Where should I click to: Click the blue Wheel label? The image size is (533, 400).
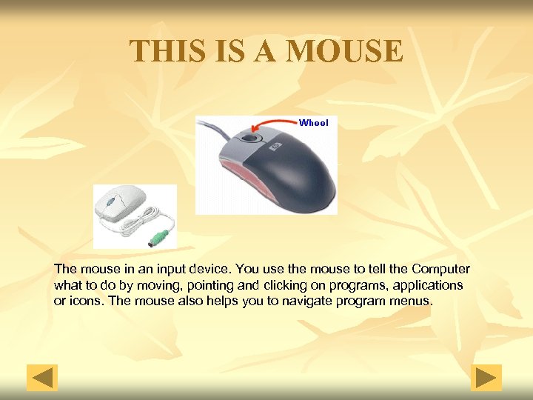(x=313, y=123)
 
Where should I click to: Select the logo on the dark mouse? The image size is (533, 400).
(x=275, y=147)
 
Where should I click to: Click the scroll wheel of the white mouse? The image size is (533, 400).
(x=111, y=201)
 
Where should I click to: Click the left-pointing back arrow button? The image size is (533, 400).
(x=42, y=378)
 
